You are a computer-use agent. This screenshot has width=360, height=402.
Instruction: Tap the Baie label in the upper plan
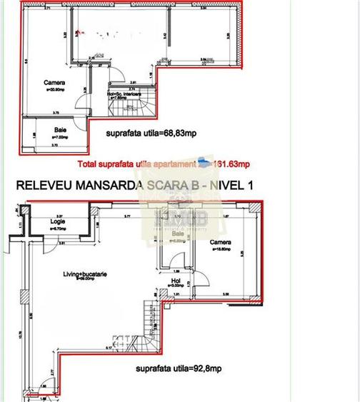tap(62, 130)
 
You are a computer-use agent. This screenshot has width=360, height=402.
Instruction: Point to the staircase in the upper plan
tap(119, 108)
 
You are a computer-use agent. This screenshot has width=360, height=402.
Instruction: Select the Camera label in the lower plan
tap(220, 242)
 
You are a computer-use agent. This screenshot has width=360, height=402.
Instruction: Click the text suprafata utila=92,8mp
tap(178, 370)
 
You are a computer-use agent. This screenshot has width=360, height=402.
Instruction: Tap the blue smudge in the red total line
tap(204, 162)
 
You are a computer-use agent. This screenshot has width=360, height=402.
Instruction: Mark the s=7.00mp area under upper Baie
tap(62, 136)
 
